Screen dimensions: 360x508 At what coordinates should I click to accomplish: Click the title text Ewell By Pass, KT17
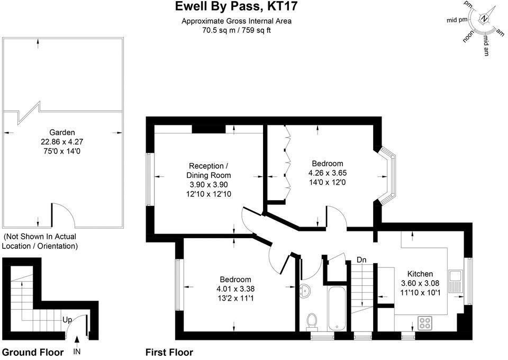tap(236, 7)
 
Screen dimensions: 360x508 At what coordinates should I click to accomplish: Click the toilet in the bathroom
tap(312, 321)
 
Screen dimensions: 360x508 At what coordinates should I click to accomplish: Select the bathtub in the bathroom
tap(337, 309)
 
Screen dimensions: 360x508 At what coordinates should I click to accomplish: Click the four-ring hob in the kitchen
tap(425, 321)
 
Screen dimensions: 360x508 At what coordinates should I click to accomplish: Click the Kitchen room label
tap(420, 274)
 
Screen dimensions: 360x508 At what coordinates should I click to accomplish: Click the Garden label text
tap(62, 132)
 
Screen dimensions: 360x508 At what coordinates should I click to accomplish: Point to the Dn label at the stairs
tap(362, 260)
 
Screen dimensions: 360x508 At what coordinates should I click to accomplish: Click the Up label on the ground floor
tap(68, 320)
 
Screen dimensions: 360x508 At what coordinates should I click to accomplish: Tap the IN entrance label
tap(77, 352)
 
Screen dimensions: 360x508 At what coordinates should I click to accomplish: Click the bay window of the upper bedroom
tap(391, 176)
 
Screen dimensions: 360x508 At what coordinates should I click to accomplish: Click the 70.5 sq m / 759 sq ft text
tap(236, 30)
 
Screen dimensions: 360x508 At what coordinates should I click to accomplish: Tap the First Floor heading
tap(169, 352)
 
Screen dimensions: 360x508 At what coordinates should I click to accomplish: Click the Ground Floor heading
tap(33, 352)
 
